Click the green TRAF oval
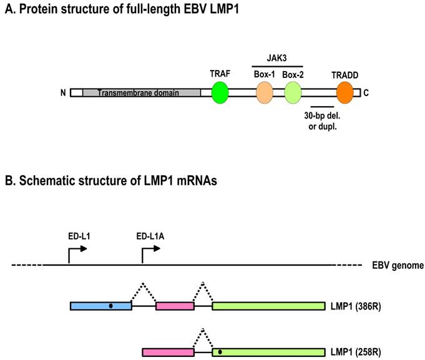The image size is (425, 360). pyautogui.click(x=220, y=93)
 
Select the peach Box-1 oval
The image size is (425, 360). pyautogui.click(x=265, y=93)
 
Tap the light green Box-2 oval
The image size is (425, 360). pyautogui.click(x=293, y=93)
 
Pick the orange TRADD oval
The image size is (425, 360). pyautogui.click(x=344, y=93)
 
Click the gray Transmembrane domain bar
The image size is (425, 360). pyautogui.click(x=142, y=93)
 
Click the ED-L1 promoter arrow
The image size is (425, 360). pyautogui.click(x=77, y=251)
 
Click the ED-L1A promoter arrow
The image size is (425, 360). pyautogui.click(x=150, y=251)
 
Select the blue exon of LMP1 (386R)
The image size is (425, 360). pyautogui.click(x=100, y=306)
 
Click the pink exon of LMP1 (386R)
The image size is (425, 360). pyautogui.click(x=175, y=306)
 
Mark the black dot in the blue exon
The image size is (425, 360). pyautogui.click(x=110, y=306)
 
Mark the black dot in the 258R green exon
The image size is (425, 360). pyautogui.click(x=220, y=353)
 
